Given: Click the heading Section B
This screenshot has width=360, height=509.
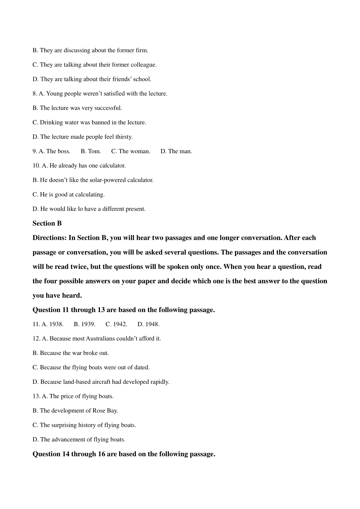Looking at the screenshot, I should [47, 223].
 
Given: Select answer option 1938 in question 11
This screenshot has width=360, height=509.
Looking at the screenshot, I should [56, 324].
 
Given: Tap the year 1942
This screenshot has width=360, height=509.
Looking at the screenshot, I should [120, 324].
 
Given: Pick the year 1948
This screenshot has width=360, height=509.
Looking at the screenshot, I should [152, 324].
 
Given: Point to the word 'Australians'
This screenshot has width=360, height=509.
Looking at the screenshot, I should [100, 338].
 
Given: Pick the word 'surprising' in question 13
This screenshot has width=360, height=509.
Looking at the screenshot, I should [64, 425].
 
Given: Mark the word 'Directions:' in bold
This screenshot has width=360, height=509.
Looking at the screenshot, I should [49, 238].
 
